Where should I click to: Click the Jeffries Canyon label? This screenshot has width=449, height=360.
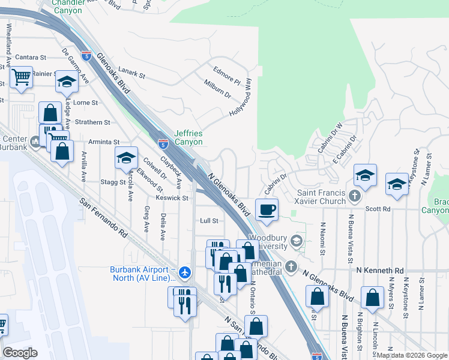(188, 137)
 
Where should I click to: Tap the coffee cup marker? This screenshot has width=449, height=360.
(267, 209)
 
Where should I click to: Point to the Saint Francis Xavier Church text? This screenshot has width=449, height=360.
(322, 197)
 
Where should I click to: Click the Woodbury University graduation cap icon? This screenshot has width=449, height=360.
(295, 241)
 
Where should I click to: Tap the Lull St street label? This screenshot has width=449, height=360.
(208, 221)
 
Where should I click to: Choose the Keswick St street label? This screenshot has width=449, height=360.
(172, 197)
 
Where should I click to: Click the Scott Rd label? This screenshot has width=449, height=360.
(378, 209)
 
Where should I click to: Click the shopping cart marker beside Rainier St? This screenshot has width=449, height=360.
(21, 76)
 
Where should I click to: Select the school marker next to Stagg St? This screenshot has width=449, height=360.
(126, 158)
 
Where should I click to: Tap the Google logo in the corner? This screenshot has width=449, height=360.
(20, 353)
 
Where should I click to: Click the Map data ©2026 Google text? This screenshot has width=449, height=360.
(411, 356)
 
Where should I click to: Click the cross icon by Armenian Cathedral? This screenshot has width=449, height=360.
(291, 266)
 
